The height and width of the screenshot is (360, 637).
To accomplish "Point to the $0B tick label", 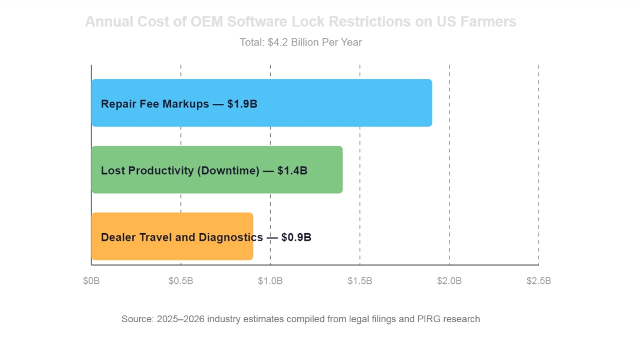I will (91, 281).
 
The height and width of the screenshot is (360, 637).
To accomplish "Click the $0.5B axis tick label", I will (180, 281).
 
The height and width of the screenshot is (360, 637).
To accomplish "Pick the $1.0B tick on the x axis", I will (270, 281).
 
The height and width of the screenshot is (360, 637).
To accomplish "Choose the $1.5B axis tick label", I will (360, 281).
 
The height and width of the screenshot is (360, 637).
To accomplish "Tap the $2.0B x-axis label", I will (449, 281).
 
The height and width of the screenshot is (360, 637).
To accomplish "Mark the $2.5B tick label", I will (539, 281).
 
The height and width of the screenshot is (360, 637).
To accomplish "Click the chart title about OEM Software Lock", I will (300, 22).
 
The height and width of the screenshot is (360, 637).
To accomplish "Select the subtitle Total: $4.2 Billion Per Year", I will (300, 42).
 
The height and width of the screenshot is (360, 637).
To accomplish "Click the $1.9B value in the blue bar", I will (242, 104).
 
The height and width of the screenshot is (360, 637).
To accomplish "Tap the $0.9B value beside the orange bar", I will (296, 237).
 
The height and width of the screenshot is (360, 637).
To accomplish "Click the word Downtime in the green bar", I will (228, 171).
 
